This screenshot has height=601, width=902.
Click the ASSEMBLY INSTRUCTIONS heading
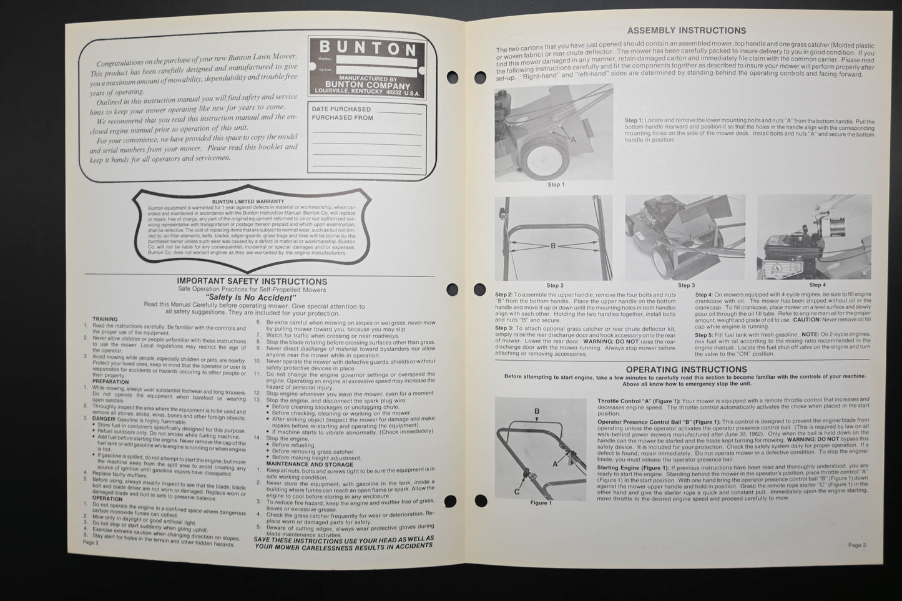tap(686, 30)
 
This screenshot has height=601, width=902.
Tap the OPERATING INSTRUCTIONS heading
tap(686, 369)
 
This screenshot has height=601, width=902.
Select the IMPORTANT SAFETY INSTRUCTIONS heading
tap(252, 281)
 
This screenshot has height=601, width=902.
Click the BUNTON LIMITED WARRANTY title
tap(248, 202)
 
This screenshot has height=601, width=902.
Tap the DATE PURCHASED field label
tap(341, 109)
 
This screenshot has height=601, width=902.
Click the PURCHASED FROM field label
tap(343, 117)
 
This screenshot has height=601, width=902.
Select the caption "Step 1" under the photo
tap(556, 185)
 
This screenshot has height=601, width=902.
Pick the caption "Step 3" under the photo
tap(685, 285)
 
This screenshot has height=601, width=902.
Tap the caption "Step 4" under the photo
tap(817, 285)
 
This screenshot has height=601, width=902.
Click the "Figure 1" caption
tap(541, 502)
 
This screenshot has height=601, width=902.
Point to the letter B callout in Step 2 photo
tap(552, 246)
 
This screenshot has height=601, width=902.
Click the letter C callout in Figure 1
tap(517, 491)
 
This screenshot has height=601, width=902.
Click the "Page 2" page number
tap(91, 542)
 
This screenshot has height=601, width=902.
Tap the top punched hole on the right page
tap(480, 77)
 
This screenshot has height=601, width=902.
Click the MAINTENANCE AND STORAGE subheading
tap(301, 464)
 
